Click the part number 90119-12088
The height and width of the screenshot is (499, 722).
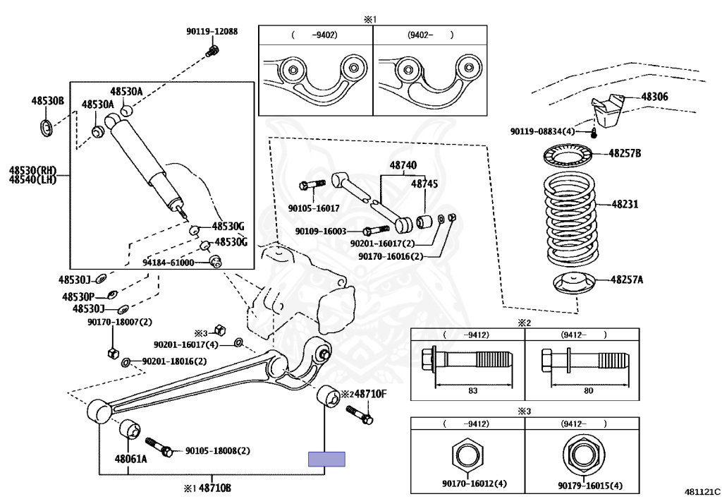click(212, 32)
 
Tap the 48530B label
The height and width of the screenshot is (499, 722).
click(47, 102)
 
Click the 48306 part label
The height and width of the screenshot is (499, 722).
click(654, 97)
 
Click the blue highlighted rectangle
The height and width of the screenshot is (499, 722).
click(327, 459)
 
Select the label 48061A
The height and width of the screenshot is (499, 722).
click(131, 459)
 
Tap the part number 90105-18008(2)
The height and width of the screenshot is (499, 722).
click(217, 450)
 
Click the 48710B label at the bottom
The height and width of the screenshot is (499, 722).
click(214, 488)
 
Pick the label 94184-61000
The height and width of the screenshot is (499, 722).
click(168, 263)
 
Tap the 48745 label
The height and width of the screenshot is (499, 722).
click(424, 184)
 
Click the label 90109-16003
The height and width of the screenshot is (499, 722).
click(321, 232)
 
